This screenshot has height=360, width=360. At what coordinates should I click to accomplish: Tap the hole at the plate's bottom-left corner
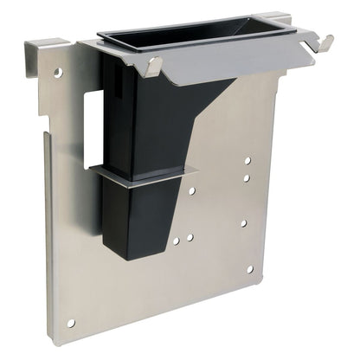point(72,323)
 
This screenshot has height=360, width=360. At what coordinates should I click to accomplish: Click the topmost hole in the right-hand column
point(247,161)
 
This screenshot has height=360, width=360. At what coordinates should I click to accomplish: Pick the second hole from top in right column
point(247,178)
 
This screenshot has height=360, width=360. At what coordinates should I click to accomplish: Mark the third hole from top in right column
point(244,223)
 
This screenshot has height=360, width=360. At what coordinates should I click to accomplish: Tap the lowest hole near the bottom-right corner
point(250,269)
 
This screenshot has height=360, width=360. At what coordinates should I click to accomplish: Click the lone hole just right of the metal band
point(192,190)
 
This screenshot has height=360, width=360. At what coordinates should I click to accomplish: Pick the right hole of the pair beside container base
point(190,235)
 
